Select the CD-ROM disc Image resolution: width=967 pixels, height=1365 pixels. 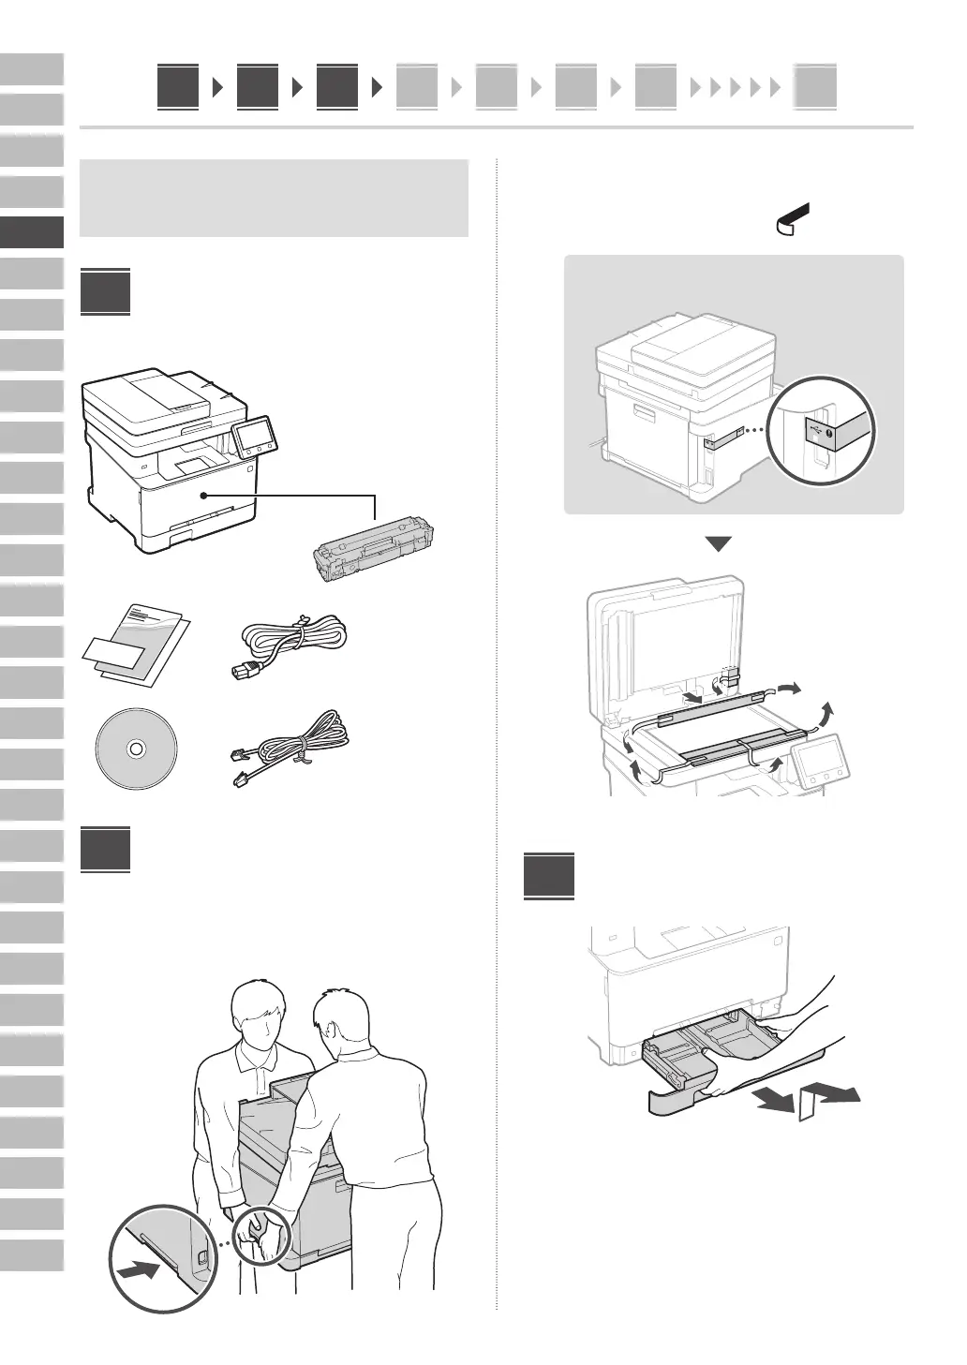pyautogui.click(x=135, y=749)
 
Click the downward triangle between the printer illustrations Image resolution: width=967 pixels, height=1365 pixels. pyautogui.click(x=717, y=544)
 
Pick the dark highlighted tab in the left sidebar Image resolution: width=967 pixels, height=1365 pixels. pyautogui.click(x=32, y=232)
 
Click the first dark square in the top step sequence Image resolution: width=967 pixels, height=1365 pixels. pyautogui.click(x=177, y=87)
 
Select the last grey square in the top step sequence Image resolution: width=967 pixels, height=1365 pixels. pyautogui.click(x=815, y=87)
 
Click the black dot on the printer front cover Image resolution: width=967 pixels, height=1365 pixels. pyautogui.click(x=202, y=496)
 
